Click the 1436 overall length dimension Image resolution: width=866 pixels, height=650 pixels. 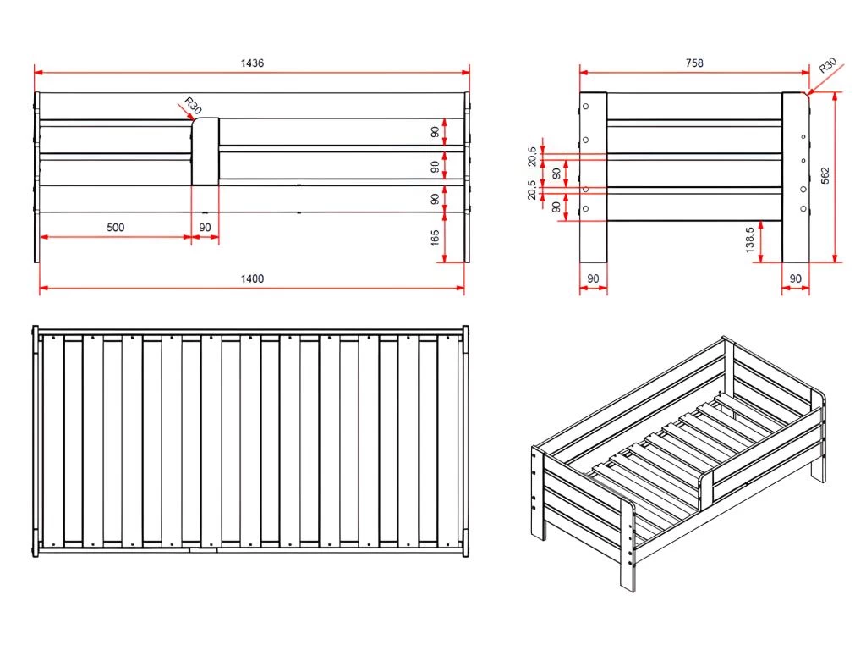(x=252, y=63)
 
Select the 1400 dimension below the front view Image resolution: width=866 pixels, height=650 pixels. (x=252, y=279)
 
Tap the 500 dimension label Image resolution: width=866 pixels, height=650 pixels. (x=117, y=228)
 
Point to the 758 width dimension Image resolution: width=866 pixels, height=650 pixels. (x=693, y=63)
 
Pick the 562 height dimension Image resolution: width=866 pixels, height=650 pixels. (x=825, y=175)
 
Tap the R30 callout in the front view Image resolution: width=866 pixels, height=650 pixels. (x=193, y=107)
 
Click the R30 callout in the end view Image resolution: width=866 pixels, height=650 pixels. (x=827, y=66)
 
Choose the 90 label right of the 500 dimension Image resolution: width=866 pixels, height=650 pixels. (x=205, y=228)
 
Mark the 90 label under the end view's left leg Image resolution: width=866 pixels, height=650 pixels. (x=593, y=278)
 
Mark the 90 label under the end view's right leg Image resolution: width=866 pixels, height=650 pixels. (x=795, y=278)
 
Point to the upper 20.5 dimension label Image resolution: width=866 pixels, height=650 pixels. (x=532, y=157)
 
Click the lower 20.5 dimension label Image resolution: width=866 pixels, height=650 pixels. (x=532, y=190)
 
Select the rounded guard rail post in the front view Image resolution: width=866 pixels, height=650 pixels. (x=206, y=151)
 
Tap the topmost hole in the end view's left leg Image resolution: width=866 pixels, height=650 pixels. (x=585, y=107)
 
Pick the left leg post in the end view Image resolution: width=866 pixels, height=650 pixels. (x=593, y=178)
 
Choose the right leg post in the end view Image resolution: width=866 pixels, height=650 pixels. (x=796, y=178)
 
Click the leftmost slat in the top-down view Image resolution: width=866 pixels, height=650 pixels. (x=53, y=440)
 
